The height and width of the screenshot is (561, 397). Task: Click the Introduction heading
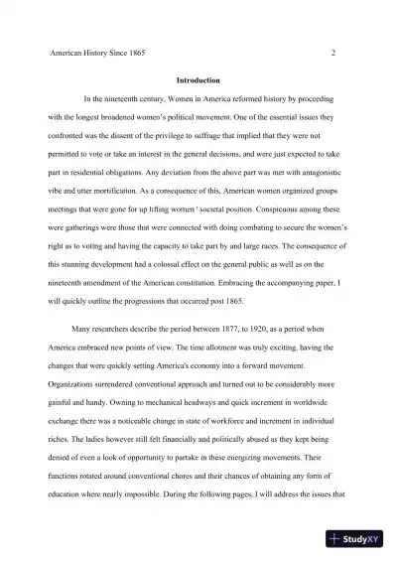coord(198,79)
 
